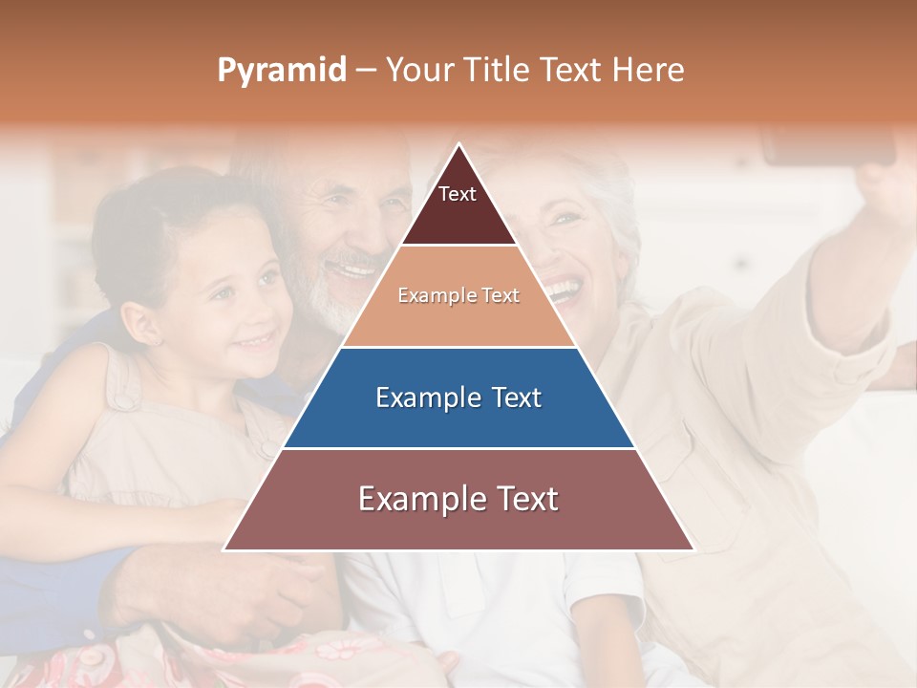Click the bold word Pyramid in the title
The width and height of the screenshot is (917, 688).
point(281,71)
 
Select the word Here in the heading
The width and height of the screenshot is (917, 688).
point(648,71)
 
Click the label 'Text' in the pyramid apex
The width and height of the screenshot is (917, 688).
point(458,194)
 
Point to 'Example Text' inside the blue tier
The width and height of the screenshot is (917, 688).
point(458,398)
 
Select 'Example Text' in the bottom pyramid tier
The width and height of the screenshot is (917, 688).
point(458,499)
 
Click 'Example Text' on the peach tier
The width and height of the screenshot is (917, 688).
point(458,295)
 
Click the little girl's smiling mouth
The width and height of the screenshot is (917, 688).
point(256,339)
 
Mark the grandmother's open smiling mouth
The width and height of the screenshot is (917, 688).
point(564,287)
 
